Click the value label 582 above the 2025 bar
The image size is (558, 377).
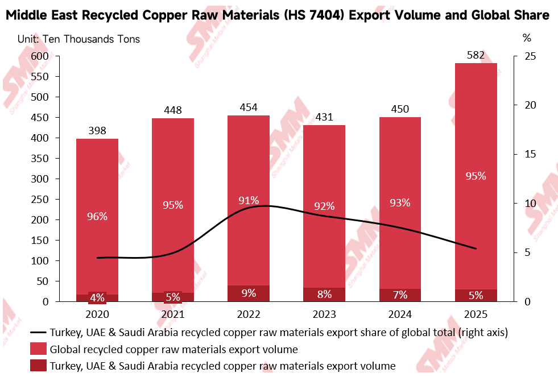click(476, 55)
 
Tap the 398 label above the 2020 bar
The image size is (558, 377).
click(97, 131)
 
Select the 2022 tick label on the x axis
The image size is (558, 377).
click(249, 314)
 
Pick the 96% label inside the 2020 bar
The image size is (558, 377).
click(97, 217)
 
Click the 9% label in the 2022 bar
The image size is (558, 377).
click(249, 293)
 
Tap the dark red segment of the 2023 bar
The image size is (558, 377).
click(324, 295)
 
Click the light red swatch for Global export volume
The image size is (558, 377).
click(38, 350)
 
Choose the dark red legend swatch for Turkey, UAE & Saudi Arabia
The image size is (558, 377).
click(38, 366)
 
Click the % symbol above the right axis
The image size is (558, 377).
click(526, 39)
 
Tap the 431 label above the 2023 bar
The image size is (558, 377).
click(324, 118)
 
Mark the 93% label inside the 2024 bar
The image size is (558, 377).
click(400, 202)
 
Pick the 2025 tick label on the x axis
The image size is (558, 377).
click(476, 314)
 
